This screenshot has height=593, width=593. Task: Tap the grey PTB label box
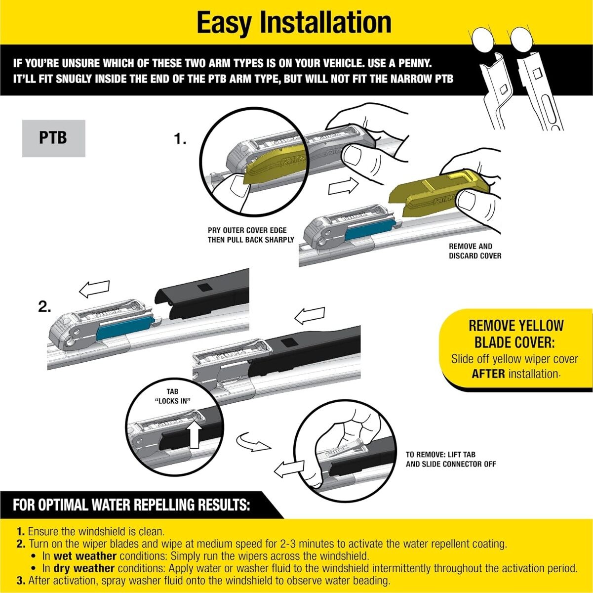(x=53, y=138)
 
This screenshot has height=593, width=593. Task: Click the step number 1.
(x=180, y=140)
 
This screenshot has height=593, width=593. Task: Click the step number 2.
(x=44, y=307)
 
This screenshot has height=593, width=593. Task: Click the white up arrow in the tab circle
(x=195, y=434)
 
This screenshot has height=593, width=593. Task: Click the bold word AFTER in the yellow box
(x=488, y=374)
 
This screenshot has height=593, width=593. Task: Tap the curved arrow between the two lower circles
(x=254, y=443)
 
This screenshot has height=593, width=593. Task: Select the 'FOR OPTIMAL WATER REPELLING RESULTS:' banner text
(x=131, y=506)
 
